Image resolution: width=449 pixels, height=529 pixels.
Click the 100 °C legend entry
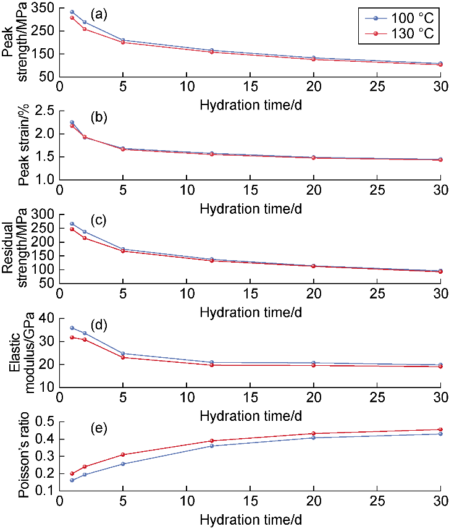tap(405, 16)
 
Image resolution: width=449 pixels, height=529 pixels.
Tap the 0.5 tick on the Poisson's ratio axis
tap(47, 422)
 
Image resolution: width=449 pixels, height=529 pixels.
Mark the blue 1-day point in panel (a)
tap(72, 12)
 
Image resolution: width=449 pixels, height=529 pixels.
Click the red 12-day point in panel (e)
tap(212, 441)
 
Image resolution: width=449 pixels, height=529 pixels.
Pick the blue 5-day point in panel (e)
tap(123, 464)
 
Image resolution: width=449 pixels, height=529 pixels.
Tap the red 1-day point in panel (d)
tap(72, 337)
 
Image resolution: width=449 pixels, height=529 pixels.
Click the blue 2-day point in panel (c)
tap(85, 232)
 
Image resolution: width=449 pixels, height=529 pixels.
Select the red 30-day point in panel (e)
tap(440, 430)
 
